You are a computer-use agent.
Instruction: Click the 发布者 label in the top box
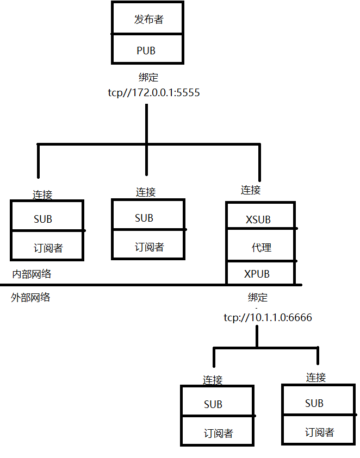148,20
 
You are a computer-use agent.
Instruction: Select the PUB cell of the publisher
146,51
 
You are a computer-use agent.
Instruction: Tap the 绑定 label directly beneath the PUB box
148,77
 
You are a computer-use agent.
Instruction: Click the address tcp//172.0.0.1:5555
154,93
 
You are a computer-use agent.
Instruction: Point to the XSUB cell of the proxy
258,220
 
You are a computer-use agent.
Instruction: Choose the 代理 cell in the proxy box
261,247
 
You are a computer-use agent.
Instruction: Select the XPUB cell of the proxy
257,274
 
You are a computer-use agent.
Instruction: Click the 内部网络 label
32,274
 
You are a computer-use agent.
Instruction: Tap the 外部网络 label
30,297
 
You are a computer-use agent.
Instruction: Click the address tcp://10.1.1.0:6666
268,317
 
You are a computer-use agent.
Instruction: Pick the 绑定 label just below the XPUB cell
258,298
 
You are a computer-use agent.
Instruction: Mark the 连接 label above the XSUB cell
251,190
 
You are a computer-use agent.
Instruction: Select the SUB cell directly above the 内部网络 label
43,219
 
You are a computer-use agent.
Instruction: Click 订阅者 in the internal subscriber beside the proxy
149,247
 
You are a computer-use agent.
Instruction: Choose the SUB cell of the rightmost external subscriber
314,403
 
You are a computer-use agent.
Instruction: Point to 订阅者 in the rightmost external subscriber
319,432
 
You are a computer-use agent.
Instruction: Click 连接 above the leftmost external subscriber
213,380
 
